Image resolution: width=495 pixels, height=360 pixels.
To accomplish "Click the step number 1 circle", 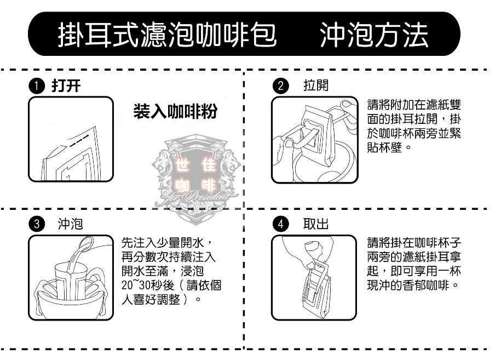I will (37, 86).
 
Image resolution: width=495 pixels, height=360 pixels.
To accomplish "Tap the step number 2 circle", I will (281, 86).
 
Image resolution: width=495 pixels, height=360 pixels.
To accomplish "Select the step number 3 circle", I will (37, 224).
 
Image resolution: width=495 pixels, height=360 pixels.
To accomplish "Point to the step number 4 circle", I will (281, 224).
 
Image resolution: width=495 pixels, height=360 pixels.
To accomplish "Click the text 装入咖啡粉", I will (175, 112).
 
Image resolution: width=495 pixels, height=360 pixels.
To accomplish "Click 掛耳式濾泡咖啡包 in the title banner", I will (167, 35).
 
